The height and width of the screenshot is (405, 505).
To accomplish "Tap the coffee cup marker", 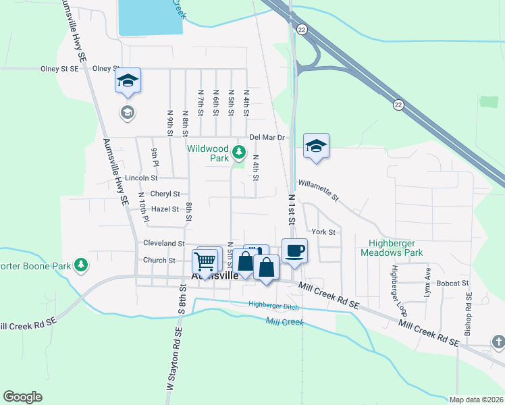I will tap(294, 252).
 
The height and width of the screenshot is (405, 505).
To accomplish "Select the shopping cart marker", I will tap(205, 261).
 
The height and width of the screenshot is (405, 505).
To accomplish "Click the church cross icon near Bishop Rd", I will tap(497, 342).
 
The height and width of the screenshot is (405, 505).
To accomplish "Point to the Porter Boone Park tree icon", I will tap(81, 265).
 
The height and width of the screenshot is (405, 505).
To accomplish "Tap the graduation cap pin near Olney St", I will tap(127, 82).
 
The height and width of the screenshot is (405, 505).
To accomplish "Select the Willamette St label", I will tap(317, 188).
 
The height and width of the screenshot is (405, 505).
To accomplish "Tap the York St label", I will tap(323, 232).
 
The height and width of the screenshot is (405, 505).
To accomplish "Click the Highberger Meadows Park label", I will tap(396, 248).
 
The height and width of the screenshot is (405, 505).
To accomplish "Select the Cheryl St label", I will tap(165, 194).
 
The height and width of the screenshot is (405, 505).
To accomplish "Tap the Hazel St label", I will tap(165, 209).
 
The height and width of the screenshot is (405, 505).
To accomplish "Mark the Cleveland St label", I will tap(164, 243).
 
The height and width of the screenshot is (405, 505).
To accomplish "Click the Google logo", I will tap(22, 397).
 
